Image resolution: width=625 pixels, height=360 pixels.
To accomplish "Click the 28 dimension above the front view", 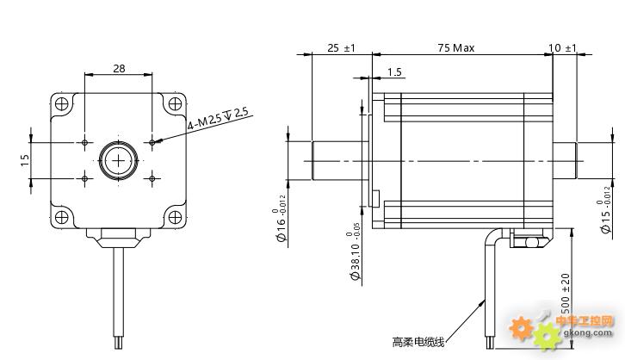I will (119, 67).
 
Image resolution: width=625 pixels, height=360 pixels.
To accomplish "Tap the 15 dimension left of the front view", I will (25, 159).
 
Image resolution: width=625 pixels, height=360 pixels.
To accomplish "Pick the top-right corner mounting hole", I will (175, 104).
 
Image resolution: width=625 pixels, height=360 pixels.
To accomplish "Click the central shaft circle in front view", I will (119, 159).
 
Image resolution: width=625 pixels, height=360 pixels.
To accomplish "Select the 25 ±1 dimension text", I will (341, 48).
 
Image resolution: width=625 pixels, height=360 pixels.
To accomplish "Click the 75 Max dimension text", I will (455, 48).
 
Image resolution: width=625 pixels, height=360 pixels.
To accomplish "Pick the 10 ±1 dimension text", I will (563, 48).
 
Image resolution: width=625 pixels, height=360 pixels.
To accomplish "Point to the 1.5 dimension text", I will (395, 72).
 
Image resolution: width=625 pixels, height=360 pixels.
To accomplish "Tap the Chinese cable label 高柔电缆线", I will (418, 342).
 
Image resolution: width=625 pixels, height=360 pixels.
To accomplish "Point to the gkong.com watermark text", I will (587, 332).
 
